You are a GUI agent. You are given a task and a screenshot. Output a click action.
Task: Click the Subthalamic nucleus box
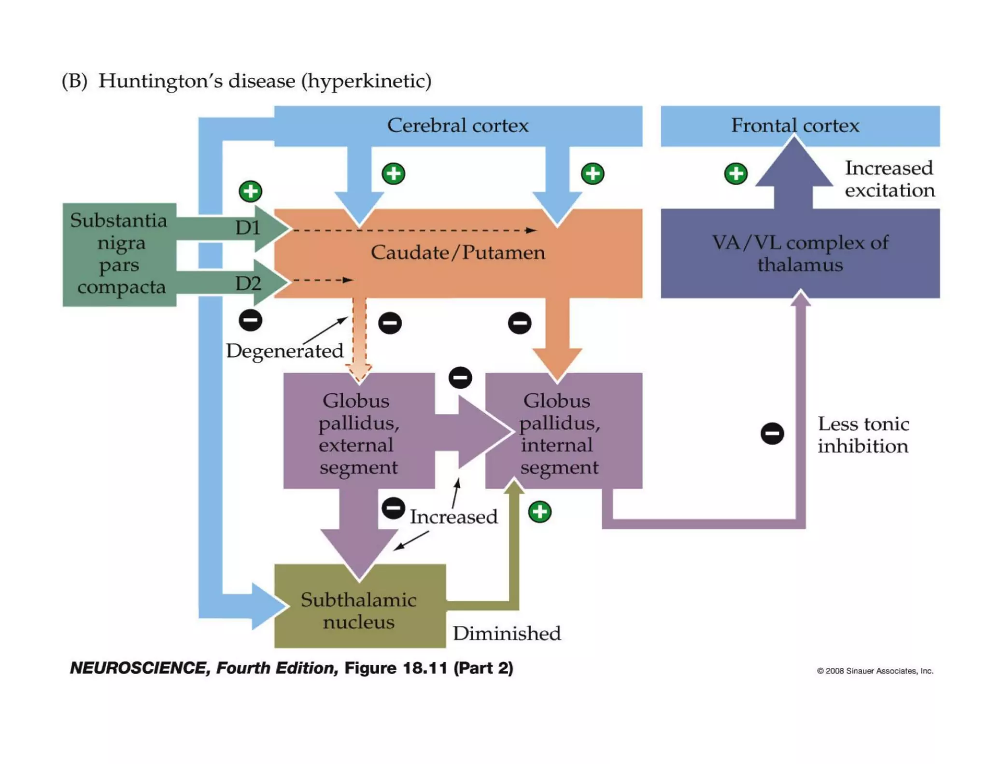click(x=360, y=606)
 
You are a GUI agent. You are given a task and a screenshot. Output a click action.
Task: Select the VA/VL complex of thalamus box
click(x=800, y=253)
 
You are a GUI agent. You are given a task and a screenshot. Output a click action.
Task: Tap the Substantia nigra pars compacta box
click(x=119, y=255)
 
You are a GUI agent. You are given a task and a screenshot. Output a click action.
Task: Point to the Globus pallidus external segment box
click(x=359, y=431)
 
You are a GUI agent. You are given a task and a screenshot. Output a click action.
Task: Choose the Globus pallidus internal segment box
click(x=564, y=431)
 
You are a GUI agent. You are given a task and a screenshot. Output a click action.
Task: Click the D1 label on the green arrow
click(x=248, y=227)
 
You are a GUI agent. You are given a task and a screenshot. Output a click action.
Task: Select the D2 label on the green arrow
click(x=248, y=283)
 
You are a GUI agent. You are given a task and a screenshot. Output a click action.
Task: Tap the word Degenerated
click(x=285, y=351)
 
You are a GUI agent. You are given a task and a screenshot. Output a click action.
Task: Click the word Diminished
click(x=507, y=633)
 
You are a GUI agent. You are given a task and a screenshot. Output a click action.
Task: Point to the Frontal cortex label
click(x=795, y=125)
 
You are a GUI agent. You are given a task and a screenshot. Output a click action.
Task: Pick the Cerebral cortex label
click(x=458, y=125)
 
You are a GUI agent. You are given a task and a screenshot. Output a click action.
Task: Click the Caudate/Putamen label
click(x=458, y=252)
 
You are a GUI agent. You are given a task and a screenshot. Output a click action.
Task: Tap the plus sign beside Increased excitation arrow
click(x=736, y=173)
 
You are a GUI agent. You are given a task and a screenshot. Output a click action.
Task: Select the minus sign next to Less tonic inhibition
click(x=772, y=433)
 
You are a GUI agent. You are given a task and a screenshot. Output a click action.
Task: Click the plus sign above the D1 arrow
click(x=251, y=191)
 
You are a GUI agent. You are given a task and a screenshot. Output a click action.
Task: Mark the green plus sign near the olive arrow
click(x=540, y=512)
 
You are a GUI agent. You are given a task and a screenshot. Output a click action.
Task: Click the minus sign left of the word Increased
click(x=394, y=509)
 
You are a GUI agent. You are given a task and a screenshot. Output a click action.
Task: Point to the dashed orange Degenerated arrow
click(x=359, y=340)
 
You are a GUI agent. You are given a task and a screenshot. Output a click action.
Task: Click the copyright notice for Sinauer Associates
click(x=875, y=671)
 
